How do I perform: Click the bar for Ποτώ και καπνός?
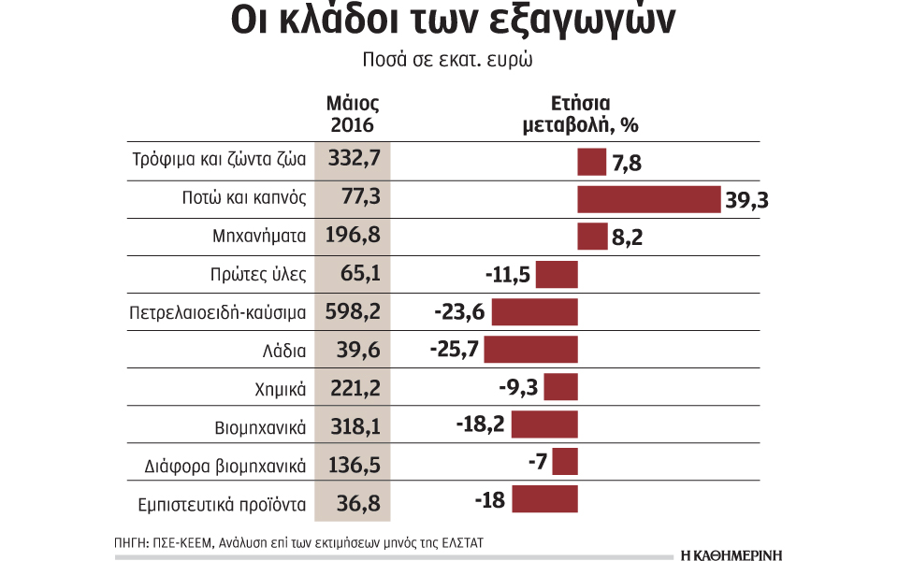650,199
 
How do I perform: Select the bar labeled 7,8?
592,162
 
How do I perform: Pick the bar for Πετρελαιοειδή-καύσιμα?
534,312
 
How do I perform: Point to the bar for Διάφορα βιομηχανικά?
565,463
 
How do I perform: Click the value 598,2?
354,311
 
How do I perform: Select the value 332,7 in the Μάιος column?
354,161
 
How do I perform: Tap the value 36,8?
354,503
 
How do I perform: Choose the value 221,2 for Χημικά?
354,387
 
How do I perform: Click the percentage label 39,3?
752,200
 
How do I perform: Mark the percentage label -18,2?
481,424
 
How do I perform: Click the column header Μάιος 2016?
354,114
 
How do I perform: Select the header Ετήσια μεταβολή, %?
580,114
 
